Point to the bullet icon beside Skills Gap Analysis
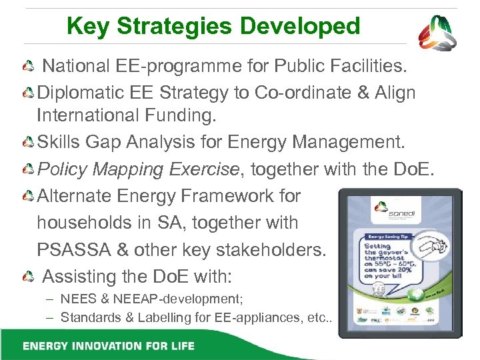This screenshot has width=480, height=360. click(x=28, y=143)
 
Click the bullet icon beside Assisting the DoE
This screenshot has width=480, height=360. click(x=28, y=276)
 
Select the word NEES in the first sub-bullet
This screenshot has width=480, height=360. click(x=75, y=299)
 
